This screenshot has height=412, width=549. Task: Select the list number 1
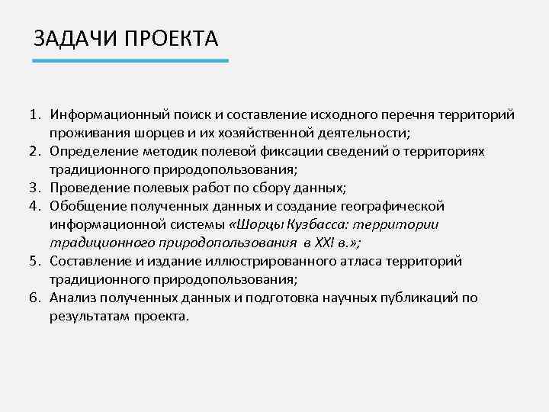pos(34,115)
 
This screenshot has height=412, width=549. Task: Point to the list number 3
pos(34,188)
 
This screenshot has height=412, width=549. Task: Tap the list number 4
pos(34,207)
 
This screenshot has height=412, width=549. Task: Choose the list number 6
pos(34,298)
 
